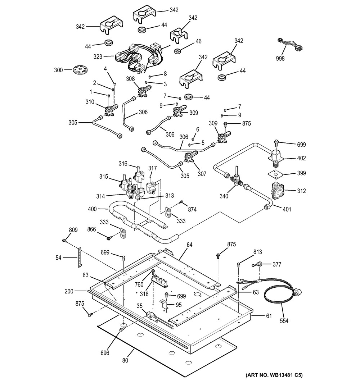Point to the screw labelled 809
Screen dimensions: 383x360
pos(64,240)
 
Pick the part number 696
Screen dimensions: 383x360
pos(105,353)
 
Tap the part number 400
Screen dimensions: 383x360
pos(92,209)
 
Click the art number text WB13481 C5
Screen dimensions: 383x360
pos(274,375)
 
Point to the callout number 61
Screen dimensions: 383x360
pos(268,316)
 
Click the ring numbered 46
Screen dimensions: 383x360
pos(177,51)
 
